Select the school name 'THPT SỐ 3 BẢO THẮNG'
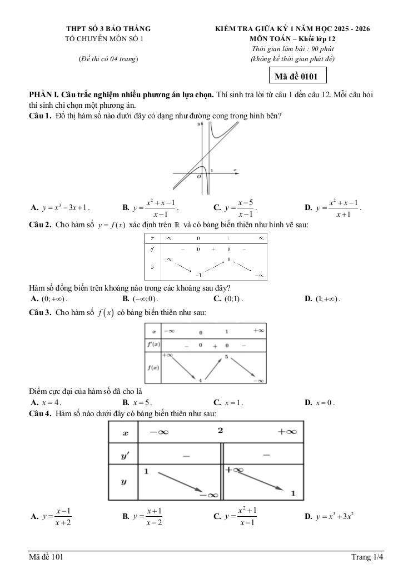108,28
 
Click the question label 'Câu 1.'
41,116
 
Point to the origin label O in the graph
198,177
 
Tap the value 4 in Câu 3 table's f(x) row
200,380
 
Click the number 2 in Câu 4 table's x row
220,431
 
